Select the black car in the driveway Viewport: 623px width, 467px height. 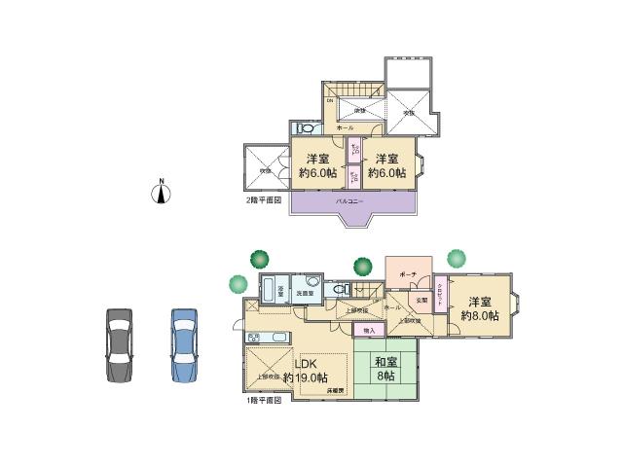117,344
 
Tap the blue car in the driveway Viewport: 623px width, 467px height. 184,344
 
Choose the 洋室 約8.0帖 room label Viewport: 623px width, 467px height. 481,308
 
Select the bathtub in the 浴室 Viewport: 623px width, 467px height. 271,291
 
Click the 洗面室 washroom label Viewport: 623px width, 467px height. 305,292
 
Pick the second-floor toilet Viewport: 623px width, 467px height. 305,128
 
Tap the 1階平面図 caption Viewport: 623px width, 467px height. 263,400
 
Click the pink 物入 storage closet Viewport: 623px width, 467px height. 369,331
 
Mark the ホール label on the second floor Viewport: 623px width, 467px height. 345,127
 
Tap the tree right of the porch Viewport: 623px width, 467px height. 457,259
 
